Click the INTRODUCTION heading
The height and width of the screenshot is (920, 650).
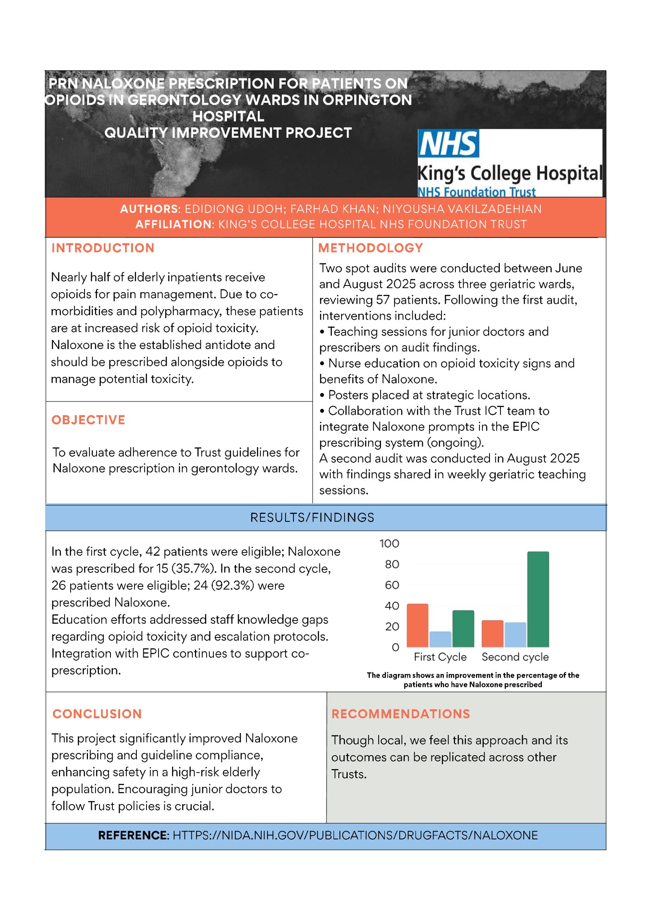pyautogui.click(x=103, y=248)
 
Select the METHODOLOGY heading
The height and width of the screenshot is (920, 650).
pyautogui.click(x=371, y=248)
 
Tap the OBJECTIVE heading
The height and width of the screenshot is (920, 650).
pyautogui.click(x=88, y=420)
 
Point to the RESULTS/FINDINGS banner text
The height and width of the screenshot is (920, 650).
pyautogui.click(x=312, y=518)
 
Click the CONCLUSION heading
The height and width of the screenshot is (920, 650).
pyautogui.click(x=97, y=714)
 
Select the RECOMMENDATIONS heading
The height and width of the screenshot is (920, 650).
pyautogui.click(x=400, y=714)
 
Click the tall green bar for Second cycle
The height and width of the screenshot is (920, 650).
pyautogui.click(x=538, y=600)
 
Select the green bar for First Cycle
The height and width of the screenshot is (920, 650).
pyautogui.click(x=463, y=629)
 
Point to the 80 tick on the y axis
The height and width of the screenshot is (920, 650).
pyautogui.click(x=392, y=565)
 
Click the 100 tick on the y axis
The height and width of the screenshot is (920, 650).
pyautogui.click(x=389, y=544)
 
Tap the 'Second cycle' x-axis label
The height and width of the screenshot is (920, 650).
pyautogui.click(x=515, y=657)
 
